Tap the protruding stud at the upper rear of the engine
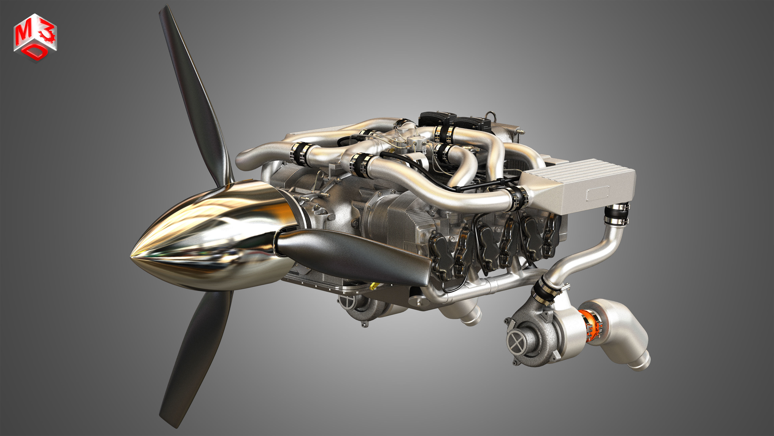point(521,131)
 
